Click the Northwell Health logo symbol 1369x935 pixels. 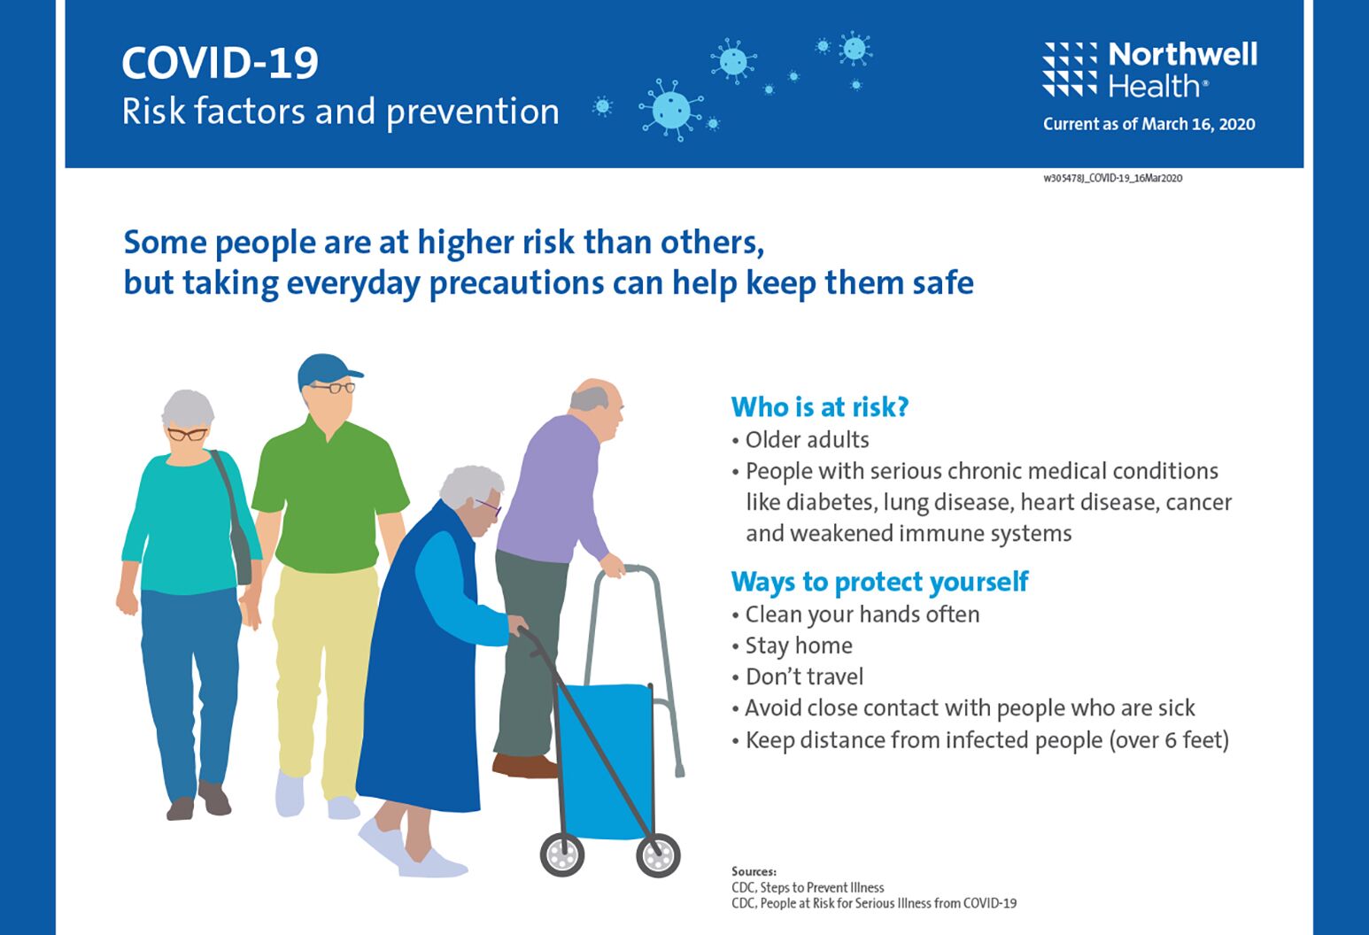[x=1071, y=69]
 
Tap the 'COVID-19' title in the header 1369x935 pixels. [x=220, y=63]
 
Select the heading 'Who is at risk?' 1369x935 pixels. [x=820, y=407]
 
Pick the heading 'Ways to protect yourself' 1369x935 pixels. [x=879, y=583]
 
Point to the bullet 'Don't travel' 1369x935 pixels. [x=798, y=676]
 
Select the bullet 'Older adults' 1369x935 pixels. [x=801, y=440]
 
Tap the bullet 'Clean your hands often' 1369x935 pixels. [x=855, y=614]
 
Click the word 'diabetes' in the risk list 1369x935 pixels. [x=833, y=502]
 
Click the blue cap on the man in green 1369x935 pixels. [x=328, y=370]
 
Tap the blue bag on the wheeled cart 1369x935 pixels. [x=605, y=761]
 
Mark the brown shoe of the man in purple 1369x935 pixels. [x=525, y=766]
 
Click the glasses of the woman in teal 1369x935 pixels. [x=188, y=435]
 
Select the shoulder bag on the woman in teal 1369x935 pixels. [x=236, y=520]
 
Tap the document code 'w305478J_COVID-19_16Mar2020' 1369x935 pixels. [x=1112, y=179]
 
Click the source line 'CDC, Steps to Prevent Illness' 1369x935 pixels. [x=808, y=887]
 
